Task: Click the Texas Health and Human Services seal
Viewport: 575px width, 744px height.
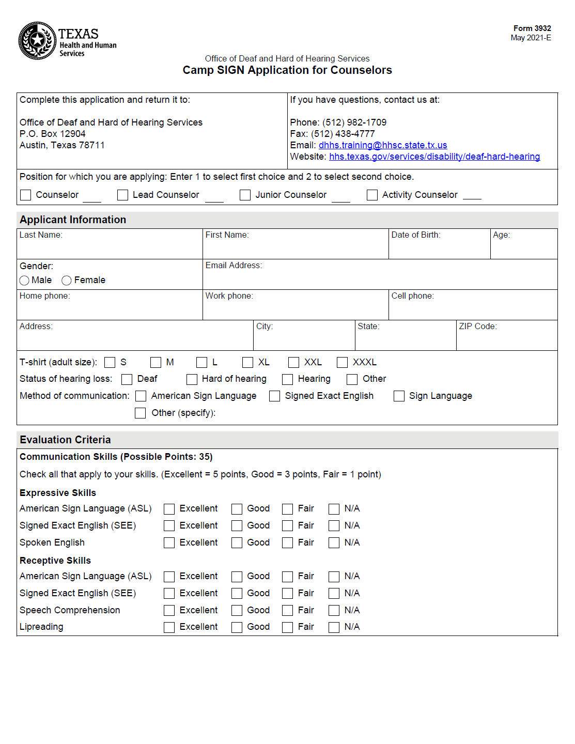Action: pyautogui.click(x=37, y=40)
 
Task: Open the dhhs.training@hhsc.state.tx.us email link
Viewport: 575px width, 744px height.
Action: pyautogui.click(x=383, y=145)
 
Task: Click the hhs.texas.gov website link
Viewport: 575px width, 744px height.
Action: pyautogui.click(x=434, y=157)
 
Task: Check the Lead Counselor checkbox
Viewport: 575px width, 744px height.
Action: pyautogui.click(x=122, y=195)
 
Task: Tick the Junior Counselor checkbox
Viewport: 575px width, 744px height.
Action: pyautogui.click(x=245, y=195)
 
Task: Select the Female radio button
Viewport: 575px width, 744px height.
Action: pyautogui.click(x=67, y=281)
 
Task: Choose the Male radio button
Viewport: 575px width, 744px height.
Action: pyautogui.click(x=24, y=281)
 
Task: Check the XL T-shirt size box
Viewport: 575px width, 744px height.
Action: pyautogui.click(x=248, y=363)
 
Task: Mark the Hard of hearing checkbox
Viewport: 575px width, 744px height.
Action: pyautogui.click(x=192, y=379)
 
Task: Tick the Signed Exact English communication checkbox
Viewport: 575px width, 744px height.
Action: pyautogui.click(x=275, y=396)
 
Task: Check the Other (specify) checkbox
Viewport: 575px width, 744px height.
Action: pyautogui.click(x=140, y=413)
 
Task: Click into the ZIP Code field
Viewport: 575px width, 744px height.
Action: pyautogui.click(x=506, y=339)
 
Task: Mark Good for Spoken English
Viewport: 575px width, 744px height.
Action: pyautogui.click(x=237, y=543)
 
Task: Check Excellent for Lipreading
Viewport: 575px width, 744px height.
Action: pyautogui.click(x=169, y=627)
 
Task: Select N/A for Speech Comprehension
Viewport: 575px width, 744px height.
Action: pyautogui.click(x=334, y=611)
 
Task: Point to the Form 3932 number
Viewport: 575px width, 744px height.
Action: pyautogui.click(x=532, y=28)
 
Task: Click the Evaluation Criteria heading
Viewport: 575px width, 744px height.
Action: pyautogui.click(x=66, y=440)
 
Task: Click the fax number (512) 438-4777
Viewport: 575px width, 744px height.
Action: pyautogui.click(x=343, y=134)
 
